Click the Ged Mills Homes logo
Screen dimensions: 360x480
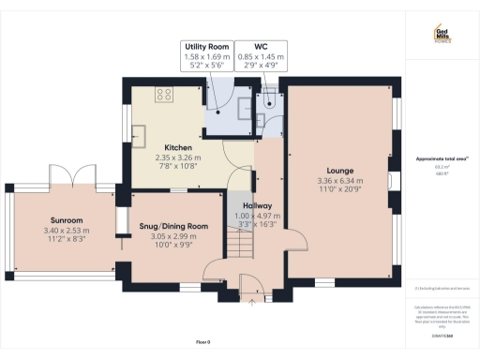444,34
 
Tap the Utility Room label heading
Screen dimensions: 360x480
205,45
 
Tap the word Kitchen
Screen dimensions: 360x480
178,148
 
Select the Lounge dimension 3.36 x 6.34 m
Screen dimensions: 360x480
337,180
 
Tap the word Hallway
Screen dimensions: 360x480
257,205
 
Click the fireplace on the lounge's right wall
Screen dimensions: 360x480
391,180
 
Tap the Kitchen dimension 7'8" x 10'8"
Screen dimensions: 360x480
178,167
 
